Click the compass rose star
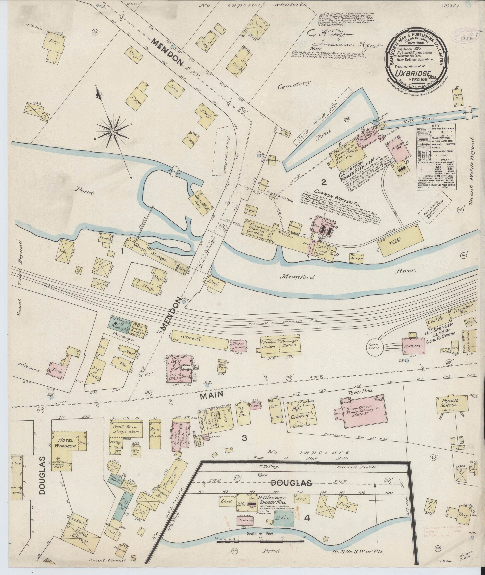click(x=113, y=132)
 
